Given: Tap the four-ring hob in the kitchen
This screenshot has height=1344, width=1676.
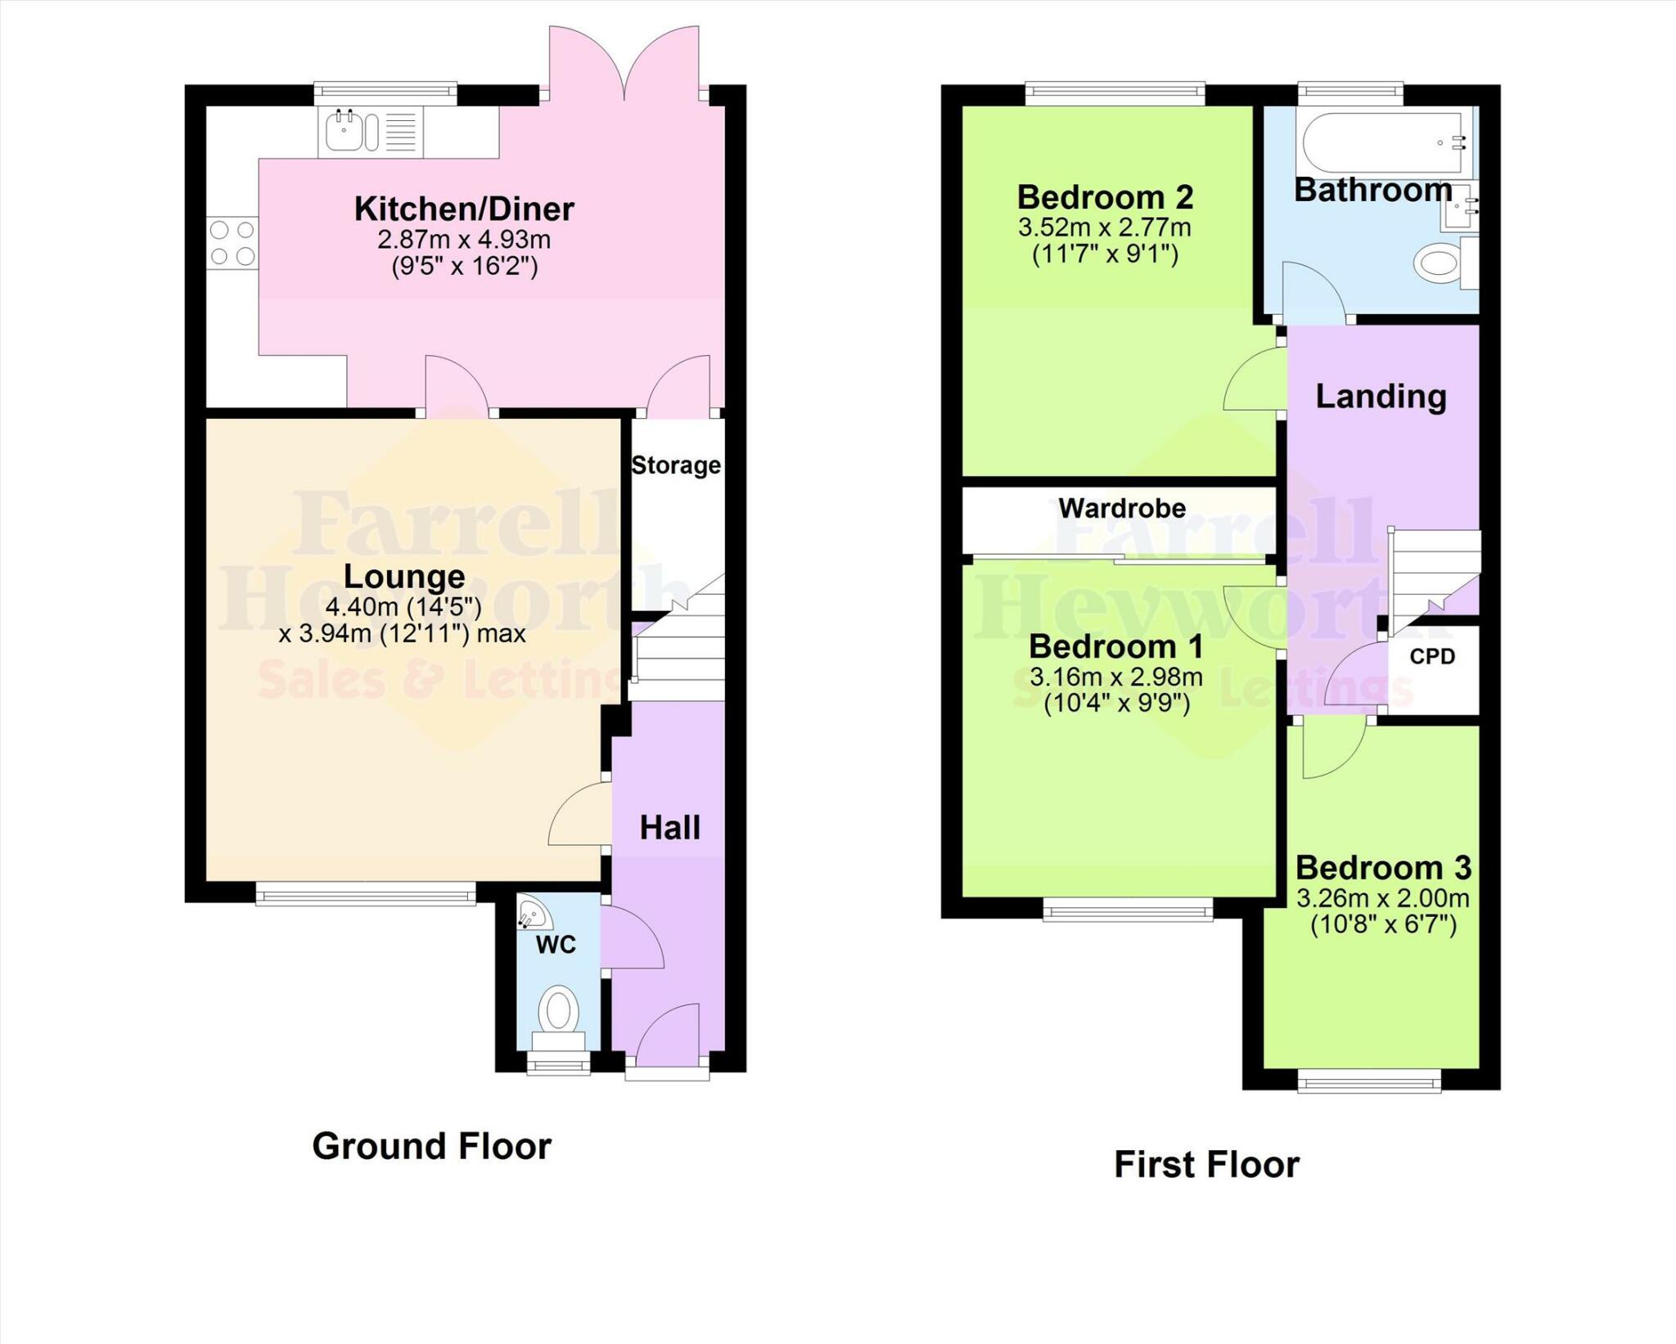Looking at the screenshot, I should click(x=232, y=243).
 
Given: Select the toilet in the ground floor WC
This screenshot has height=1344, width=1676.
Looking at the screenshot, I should click(x=559, y=1014).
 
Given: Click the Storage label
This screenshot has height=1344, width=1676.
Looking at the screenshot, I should click(x=676, y=465).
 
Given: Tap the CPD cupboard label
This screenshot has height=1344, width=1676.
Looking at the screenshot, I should click(x=1432, y=656).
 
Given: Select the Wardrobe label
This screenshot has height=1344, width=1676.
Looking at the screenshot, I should click(x=1122, y=508).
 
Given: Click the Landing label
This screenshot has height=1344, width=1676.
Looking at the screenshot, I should click(x=1381, y=397).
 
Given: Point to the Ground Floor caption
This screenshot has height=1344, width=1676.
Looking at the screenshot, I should click(x=432, y=1146).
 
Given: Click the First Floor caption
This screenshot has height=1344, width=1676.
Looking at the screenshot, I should click(x=1206, y=1165).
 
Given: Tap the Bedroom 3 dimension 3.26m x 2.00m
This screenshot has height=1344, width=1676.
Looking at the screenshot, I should click(x=1383, y=898).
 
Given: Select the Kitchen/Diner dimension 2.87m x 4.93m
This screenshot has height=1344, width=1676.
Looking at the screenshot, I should click(x=464, y=240).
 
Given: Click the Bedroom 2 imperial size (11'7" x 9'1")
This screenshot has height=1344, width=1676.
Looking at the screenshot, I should click(x=1105, y=254).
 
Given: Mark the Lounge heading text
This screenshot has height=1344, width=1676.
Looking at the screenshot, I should click(x=404, y=577).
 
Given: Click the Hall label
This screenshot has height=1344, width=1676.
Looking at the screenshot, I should click(x=669, y=828).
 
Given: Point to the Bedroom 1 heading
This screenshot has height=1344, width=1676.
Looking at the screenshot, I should click(x=1115, y=647).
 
